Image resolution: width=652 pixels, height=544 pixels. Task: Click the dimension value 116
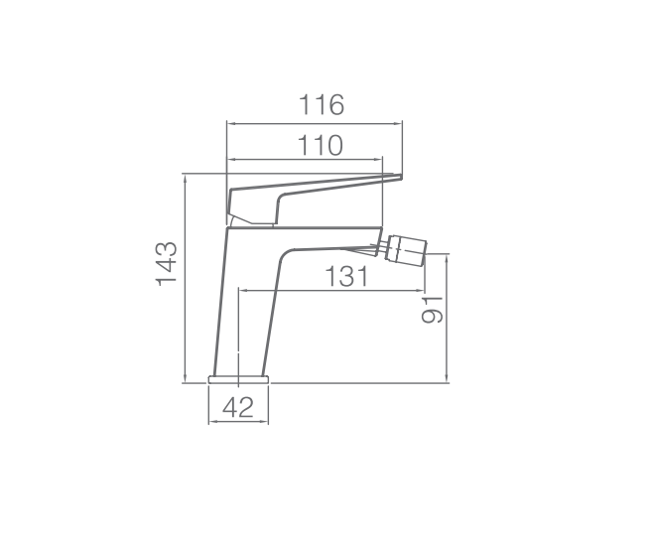pos(322,105)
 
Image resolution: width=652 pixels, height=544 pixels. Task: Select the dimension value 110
pos(321,145)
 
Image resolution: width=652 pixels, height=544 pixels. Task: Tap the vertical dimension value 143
pos(167,264)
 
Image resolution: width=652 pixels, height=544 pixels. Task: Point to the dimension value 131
pos(346,277)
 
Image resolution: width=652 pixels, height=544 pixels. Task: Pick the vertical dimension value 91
pos(432,310)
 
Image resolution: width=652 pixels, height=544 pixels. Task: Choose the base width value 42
pos(238,408)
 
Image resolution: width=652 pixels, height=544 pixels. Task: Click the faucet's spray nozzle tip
pos(424,254)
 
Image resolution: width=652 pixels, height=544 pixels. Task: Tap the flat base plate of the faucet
pos(239,379)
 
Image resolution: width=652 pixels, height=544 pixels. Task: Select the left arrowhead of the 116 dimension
pos(230,123)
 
